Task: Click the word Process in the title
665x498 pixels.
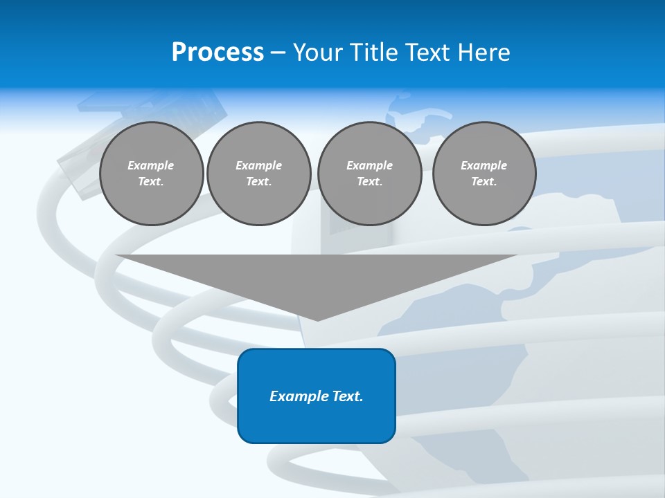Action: pyautogui.click(x=218, y=53)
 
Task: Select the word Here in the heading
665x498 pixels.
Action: pyautogui.click(x=484, y=53)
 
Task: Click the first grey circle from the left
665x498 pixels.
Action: pyautogui.click(x=151, y=174)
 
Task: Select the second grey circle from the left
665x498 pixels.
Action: pyautogui.click(x=259, y=174)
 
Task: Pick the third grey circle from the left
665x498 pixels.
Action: pyautogui.click(x=369, y=174)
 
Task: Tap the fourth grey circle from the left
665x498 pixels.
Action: pyautogui.click(x=484, y=174)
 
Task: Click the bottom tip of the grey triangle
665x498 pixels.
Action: pyautogui.click(x=317, y=319)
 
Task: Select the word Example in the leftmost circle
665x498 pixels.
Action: pyautogui.click(x=151, y=165)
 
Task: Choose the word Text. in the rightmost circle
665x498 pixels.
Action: pyautogui.click(x=484, y=182)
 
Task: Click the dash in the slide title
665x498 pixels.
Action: pyautogui.click(x=278, y=53)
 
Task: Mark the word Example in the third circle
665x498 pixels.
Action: pyautogui.click(x=369, y=165)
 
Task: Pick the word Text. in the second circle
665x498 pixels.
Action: pyautogui.click(x=259, y=182)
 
